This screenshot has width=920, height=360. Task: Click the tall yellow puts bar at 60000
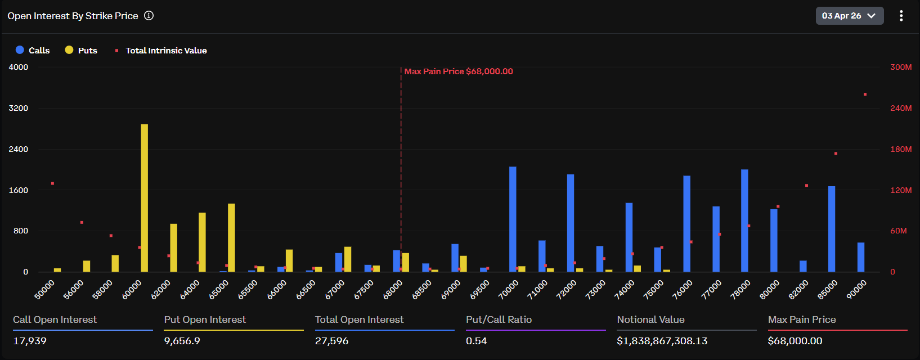[145, 198]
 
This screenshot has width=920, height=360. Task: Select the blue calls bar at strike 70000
[513, 219]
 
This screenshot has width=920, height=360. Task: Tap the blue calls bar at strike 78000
[744, 220]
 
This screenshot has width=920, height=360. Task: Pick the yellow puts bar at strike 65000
[231, 237]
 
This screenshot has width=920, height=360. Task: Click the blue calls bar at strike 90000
[861, 257]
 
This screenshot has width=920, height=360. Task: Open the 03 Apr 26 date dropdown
[849, 16]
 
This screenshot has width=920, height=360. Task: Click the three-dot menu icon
[901, 16]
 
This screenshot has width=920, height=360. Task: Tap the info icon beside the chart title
[149, 16]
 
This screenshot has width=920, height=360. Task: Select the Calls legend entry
[33, 50]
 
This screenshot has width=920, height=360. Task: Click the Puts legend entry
[81, 50]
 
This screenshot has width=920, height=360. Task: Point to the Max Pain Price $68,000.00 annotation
[458, 71]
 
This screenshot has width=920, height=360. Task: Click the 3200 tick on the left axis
[19, 108]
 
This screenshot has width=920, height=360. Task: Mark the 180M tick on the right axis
[900, 149]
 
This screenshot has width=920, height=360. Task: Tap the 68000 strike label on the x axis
[393, 289]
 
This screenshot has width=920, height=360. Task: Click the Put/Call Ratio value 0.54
[476, 341]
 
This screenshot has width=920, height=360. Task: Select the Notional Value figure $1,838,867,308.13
[662, 341]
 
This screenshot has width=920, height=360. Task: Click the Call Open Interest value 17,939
[30, 341]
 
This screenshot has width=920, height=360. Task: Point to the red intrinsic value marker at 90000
[865, 94]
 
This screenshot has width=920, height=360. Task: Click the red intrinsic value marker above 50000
[52, 183]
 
